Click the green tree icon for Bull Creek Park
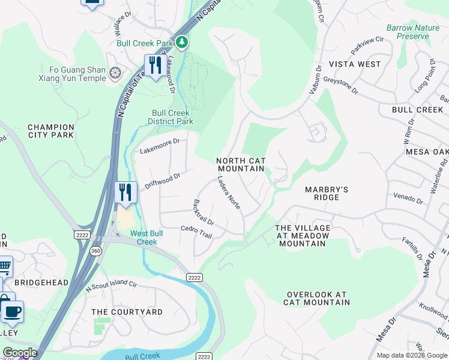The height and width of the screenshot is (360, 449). click(x=182, y=42)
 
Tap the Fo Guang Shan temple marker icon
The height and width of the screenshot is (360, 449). click(x=115, y=73)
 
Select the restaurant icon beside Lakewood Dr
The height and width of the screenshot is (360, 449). click(x=155, y=65)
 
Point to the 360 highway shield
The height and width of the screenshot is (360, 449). click(x=96, y=250)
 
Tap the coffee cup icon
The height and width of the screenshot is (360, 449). click(x=11, y=312)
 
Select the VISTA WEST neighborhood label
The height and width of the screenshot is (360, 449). click(x=354, y=64)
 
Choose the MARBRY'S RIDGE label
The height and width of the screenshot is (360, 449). click(x=327, y=194)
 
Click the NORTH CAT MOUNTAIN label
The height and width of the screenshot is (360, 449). click(x=240, y=165)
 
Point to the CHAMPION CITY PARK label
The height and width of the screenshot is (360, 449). click(x=51, y=131)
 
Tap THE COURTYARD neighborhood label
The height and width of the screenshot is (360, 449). click(x=127, y=312)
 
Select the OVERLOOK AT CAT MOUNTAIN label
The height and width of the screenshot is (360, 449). click(x=318, y=298)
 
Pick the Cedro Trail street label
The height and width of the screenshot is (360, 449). click(x=196, y=232)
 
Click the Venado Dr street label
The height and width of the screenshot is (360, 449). click(x=408, y=196)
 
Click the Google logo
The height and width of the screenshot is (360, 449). click(x=20, y=353)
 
